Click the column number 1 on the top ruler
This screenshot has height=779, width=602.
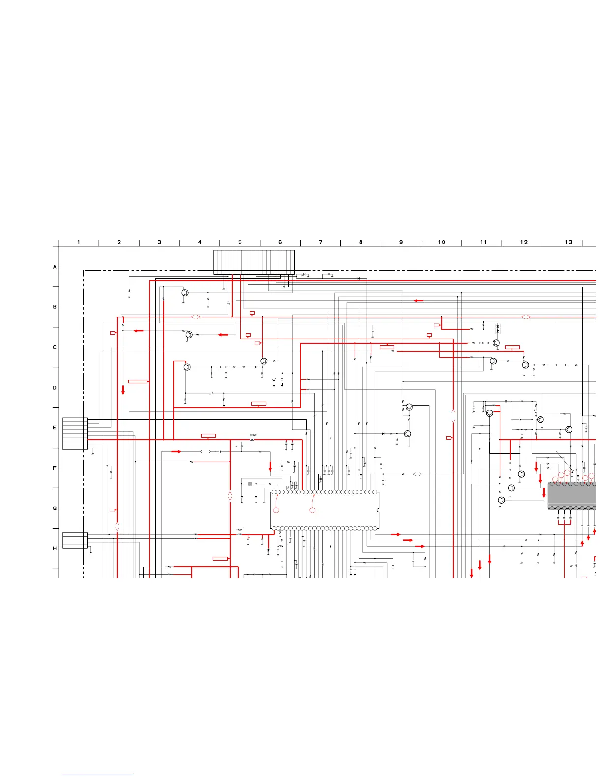(x=79, y=242)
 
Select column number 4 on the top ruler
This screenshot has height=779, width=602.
(x=200, y=242)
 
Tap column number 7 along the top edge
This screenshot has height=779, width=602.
(x=321, y=242)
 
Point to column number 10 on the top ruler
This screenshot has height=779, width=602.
(x=441, y=242)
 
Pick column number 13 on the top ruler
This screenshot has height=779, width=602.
(x=568, y=242)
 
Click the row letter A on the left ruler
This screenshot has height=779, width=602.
(x=55, y=267)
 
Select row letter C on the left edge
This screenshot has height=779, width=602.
(x=55, y=347)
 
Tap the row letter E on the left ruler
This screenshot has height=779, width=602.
(x=55, y=428)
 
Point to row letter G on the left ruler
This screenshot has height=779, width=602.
(x=55, y=509)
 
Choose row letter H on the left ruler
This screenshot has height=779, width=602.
(x=55, y=549)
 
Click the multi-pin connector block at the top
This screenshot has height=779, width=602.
(x=254, y=262)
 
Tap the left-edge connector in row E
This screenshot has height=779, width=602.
(x=75, y=433)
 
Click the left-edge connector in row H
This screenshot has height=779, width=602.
(x=75, y=540)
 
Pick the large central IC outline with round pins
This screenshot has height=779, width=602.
(x=325, y=510)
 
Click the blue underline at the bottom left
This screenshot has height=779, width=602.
(x=97, y=775)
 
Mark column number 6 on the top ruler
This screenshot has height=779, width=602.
(x=280, y=242)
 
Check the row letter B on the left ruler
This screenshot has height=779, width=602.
(x=55, y=307)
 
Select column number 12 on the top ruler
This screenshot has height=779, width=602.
(x=524, y=242)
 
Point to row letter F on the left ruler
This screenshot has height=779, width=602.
(x=55, y=468)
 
